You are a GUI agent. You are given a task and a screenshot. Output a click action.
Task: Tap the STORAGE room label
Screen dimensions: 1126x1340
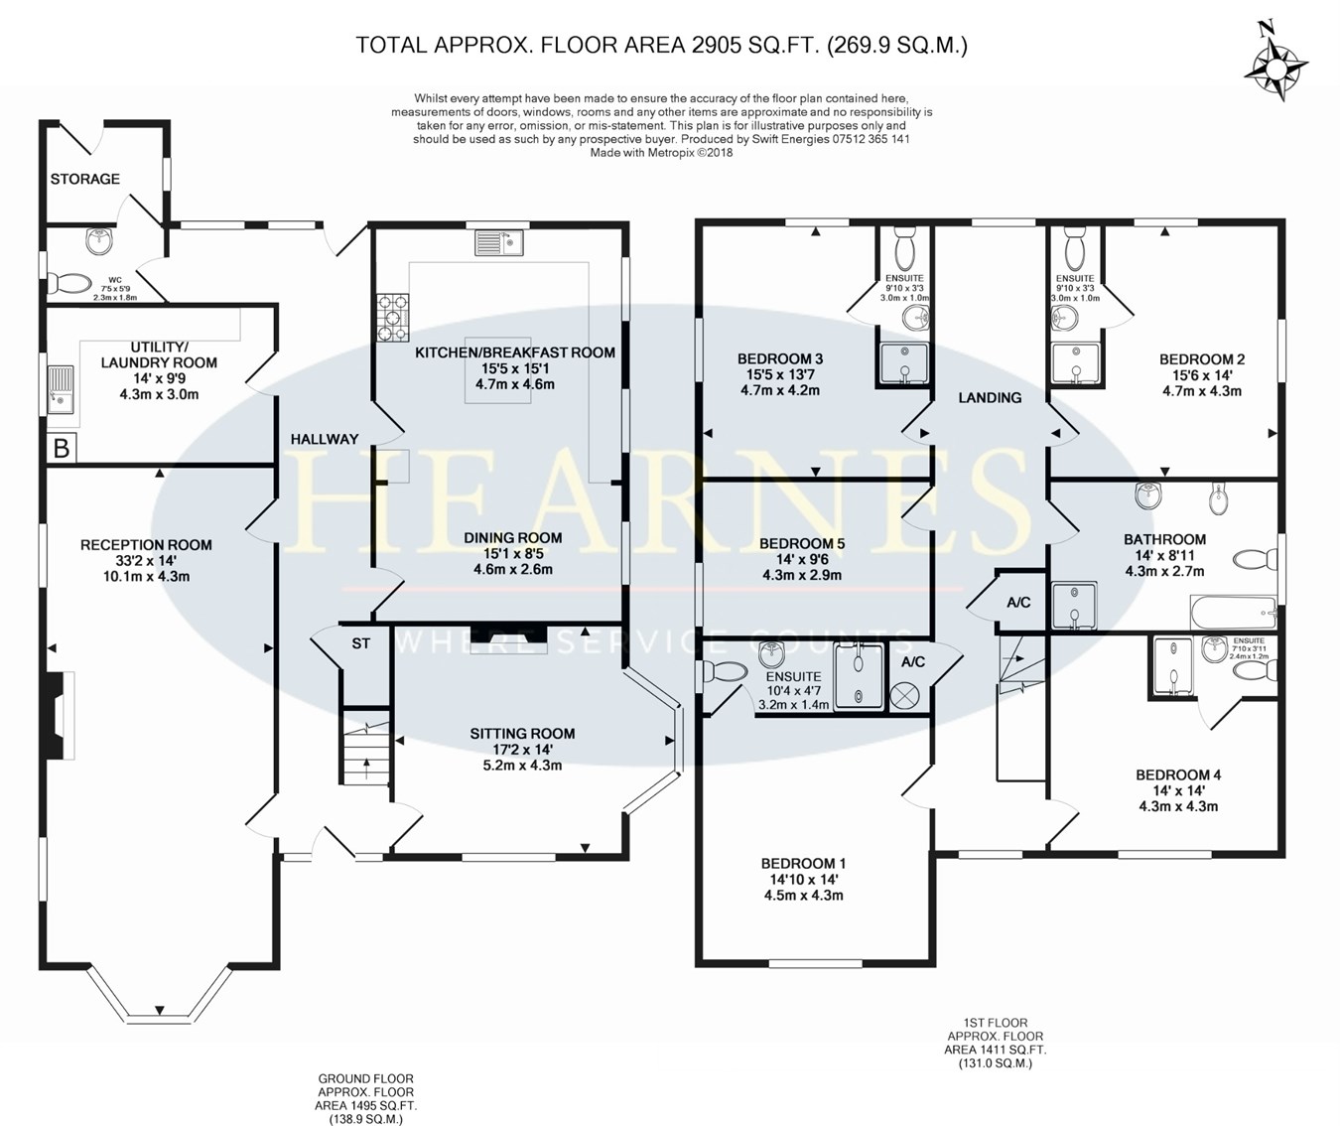pyautogui.click(x=85, y=179)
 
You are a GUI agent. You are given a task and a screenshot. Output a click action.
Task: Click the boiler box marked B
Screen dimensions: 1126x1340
pyautogui.click(x=62, y=448)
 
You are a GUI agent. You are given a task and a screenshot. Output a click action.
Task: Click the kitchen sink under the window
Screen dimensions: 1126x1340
pyautogui.click(x=498, y=242)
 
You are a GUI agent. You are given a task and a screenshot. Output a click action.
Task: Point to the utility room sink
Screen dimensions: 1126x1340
pyautogui.click(x=61, y=389)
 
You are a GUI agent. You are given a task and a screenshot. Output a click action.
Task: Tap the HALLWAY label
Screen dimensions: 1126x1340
pyautogui.click(x=324, y=439)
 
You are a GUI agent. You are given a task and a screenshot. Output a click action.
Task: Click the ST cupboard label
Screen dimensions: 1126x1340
pyautogui.click(x=361, y=643)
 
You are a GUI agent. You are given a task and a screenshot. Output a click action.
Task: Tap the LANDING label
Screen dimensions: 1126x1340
pyautogui.click(x=990, y=397)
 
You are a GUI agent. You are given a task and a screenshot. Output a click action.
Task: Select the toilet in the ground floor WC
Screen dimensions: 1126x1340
pyautogui.click(x=70, y=284)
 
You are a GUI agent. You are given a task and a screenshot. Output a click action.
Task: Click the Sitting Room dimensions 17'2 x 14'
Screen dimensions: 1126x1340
pyautogui.click(x=522, y=750)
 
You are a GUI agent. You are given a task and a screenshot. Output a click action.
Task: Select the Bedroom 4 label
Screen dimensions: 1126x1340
pyautogui.click(x=1178, y=774)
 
